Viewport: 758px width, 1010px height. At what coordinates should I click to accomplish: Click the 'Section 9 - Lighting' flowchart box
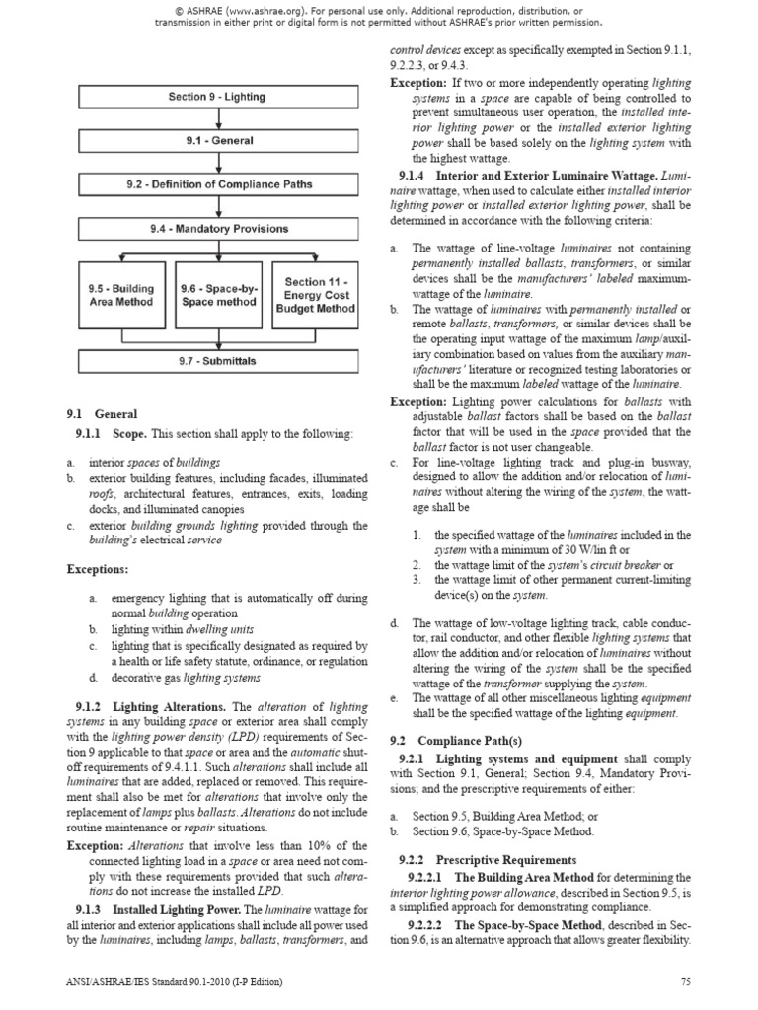coord(216,97)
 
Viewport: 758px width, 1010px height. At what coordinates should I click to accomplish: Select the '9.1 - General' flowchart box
coord(216,140)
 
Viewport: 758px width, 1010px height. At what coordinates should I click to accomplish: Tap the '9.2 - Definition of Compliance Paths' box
coord(216,184)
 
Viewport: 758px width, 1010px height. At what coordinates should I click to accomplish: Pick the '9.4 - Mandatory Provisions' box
coord(216,229)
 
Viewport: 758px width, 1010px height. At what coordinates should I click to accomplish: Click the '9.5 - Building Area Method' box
coord(120,294)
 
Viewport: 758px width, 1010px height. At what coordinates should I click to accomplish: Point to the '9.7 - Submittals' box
coord(216,360)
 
